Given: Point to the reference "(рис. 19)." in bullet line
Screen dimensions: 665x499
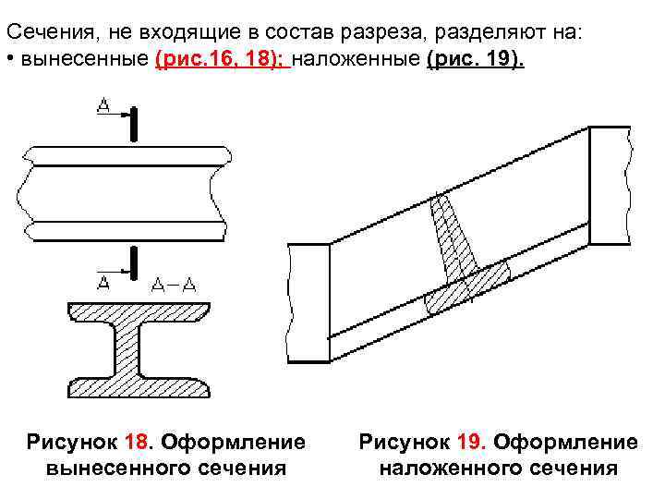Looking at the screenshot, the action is (478, 61).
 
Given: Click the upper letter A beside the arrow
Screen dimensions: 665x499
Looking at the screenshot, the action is (103, 107).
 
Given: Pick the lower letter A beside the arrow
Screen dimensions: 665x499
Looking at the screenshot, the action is (103, 280).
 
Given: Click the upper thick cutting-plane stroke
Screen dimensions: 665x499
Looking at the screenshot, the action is (135, 125).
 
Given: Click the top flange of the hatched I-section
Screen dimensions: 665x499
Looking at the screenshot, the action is (139, 311).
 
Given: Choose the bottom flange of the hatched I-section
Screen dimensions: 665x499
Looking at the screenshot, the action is (139, 383).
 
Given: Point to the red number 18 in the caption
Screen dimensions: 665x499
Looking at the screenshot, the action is (131, 443).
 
